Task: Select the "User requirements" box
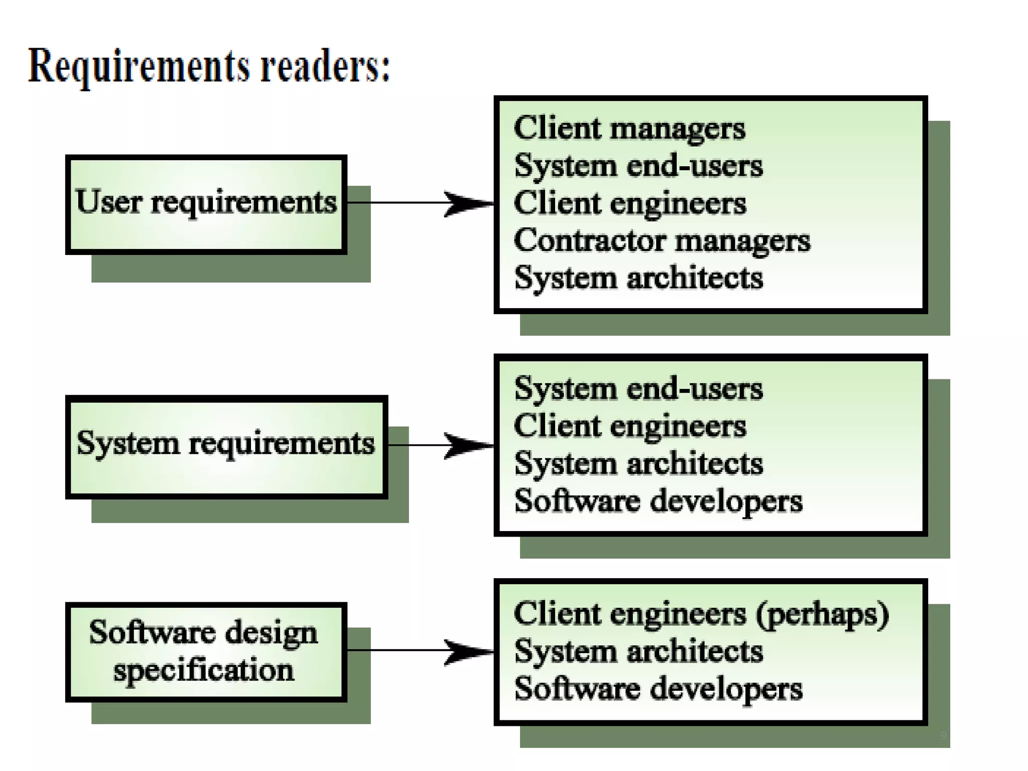coord(206,204)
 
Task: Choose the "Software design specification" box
coord(206,651)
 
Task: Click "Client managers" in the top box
coord(629,128)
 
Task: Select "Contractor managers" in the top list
coord(662,241)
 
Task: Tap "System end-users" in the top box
coord(638,166)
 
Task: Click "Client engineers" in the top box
coord(629,204)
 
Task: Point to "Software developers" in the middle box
coord(658,501)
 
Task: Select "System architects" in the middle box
coord(638,464)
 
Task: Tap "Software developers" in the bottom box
coord(658,689)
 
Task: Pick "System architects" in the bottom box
coord(638,652)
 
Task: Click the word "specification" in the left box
coord(203,671)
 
